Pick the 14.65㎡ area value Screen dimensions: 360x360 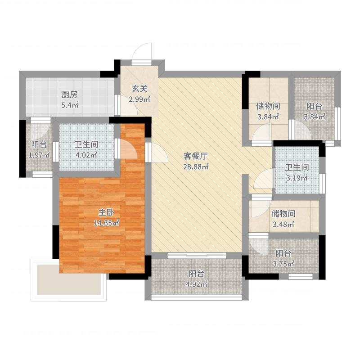point(106,222)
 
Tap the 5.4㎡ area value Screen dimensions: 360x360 point(70,106)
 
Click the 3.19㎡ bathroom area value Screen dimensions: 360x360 point(297,178)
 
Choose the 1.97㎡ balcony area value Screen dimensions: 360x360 point(39,155)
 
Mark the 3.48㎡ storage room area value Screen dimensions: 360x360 point(283,224)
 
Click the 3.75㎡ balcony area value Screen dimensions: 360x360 point(283,264)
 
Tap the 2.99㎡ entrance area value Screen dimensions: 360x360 point(139,100)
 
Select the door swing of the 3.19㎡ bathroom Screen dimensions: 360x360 point(263,180)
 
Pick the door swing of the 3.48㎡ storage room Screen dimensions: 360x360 point(259,207)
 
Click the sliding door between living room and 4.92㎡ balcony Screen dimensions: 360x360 point(197,256)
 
